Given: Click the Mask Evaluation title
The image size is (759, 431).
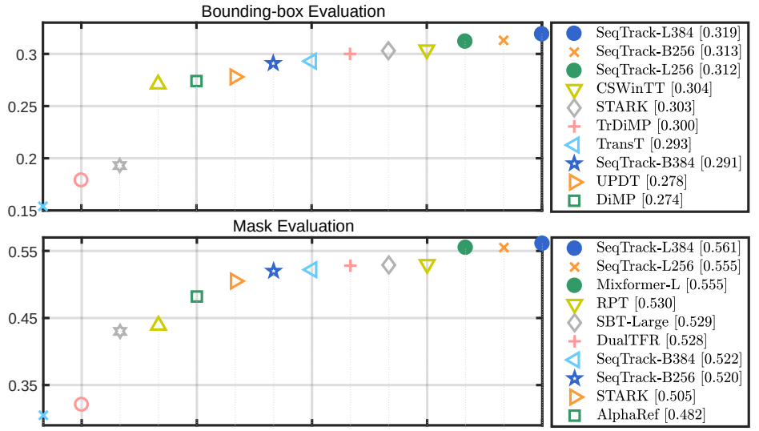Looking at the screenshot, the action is click(293, 227).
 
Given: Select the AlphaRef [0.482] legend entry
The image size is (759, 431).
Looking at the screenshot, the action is click(651, 414).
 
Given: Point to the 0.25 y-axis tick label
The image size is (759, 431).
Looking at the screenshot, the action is click(20, 107).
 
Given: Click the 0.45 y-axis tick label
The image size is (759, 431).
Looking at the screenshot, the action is click(20, 319).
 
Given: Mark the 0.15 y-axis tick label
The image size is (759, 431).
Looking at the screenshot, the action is click(20, 210).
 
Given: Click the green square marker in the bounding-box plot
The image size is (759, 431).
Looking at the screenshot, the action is click(196, 81).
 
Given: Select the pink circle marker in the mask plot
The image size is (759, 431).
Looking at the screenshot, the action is click(81, 405).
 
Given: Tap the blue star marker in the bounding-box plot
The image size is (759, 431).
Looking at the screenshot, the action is click(273, 63).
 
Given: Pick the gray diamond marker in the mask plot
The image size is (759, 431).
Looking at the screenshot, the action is click(388, 265).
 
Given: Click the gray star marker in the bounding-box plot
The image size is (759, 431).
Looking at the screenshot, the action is click(119, 166).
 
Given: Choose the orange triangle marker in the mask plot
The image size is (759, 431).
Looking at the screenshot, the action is click(236, 281).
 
